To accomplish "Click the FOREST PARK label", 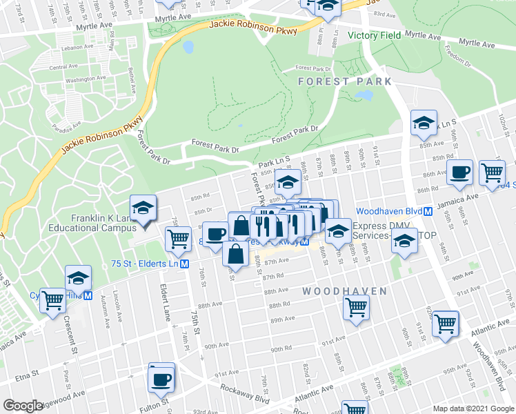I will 345,81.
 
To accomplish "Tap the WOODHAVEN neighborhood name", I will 345,292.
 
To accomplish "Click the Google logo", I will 23,406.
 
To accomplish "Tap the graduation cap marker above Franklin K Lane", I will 143,208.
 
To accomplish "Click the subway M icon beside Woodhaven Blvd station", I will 428,211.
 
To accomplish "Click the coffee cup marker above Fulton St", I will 161,379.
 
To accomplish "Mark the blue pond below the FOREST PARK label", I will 364,95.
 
